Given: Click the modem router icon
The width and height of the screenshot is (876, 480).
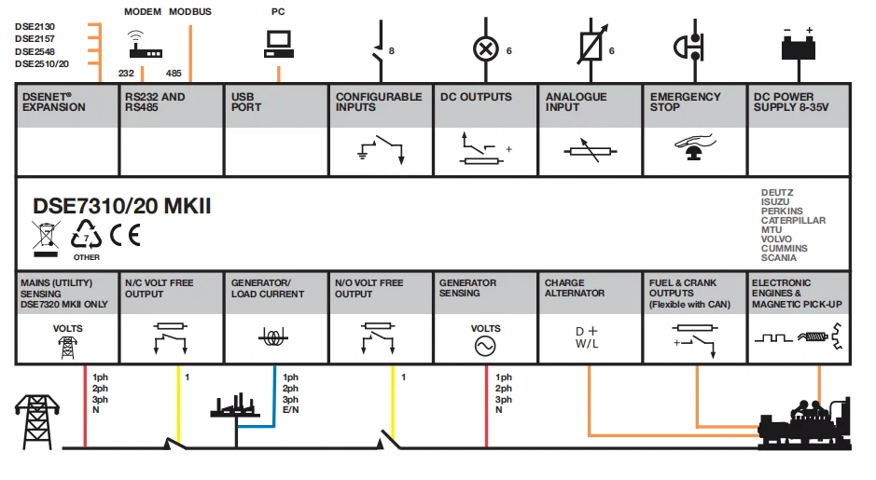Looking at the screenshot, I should [x=146, y=46].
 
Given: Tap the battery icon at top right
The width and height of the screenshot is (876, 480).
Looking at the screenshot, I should [x=800, y=44].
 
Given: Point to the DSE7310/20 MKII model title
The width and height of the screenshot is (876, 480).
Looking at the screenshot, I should [x=122, y=206].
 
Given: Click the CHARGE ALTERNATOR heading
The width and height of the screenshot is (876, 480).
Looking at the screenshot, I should [x=575, y=288].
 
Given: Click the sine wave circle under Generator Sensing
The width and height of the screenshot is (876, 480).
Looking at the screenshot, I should [x=485, y=347].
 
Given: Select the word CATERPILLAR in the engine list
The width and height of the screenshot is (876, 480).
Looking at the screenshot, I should [x=793, y=221].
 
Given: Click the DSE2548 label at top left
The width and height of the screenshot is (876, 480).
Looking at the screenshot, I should [x=35, y=51].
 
